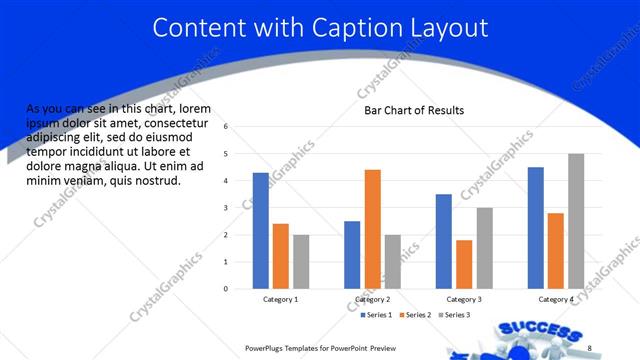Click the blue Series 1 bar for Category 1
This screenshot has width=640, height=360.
click(261, 231)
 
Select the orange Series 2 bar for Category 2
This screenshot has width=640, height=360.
click(372, 229)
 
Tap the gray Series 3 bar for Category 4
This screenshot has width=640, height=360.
click(576, 221)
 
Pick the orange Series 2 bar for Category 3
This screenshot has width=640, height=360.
click(464, 264)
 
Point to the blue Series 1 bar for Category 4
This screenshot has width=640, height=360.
click(536, 228)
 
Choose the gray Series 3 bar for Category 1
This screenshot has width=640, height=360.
click(301, 262)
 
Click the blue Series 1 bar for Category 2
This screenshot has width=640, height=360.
click(352, 255)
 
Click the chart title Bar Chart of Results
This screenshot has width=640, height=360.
click(413, 110)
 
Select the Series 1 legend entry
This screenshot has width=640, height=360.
click(376, 315)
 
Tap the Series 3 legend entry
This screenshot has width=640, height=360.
click(452, 315)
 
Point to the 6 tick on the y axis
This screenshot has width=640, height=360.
click(227, 127)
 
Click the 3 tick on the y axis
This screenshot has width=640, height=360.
click(227, 208)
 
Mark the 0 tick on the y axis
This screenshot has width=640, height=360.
click(227, 289)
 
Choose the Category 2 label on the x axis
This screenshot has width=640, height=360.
click(372, 299)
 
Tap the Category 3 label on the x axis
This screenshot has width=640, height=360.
click(464, 299)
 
